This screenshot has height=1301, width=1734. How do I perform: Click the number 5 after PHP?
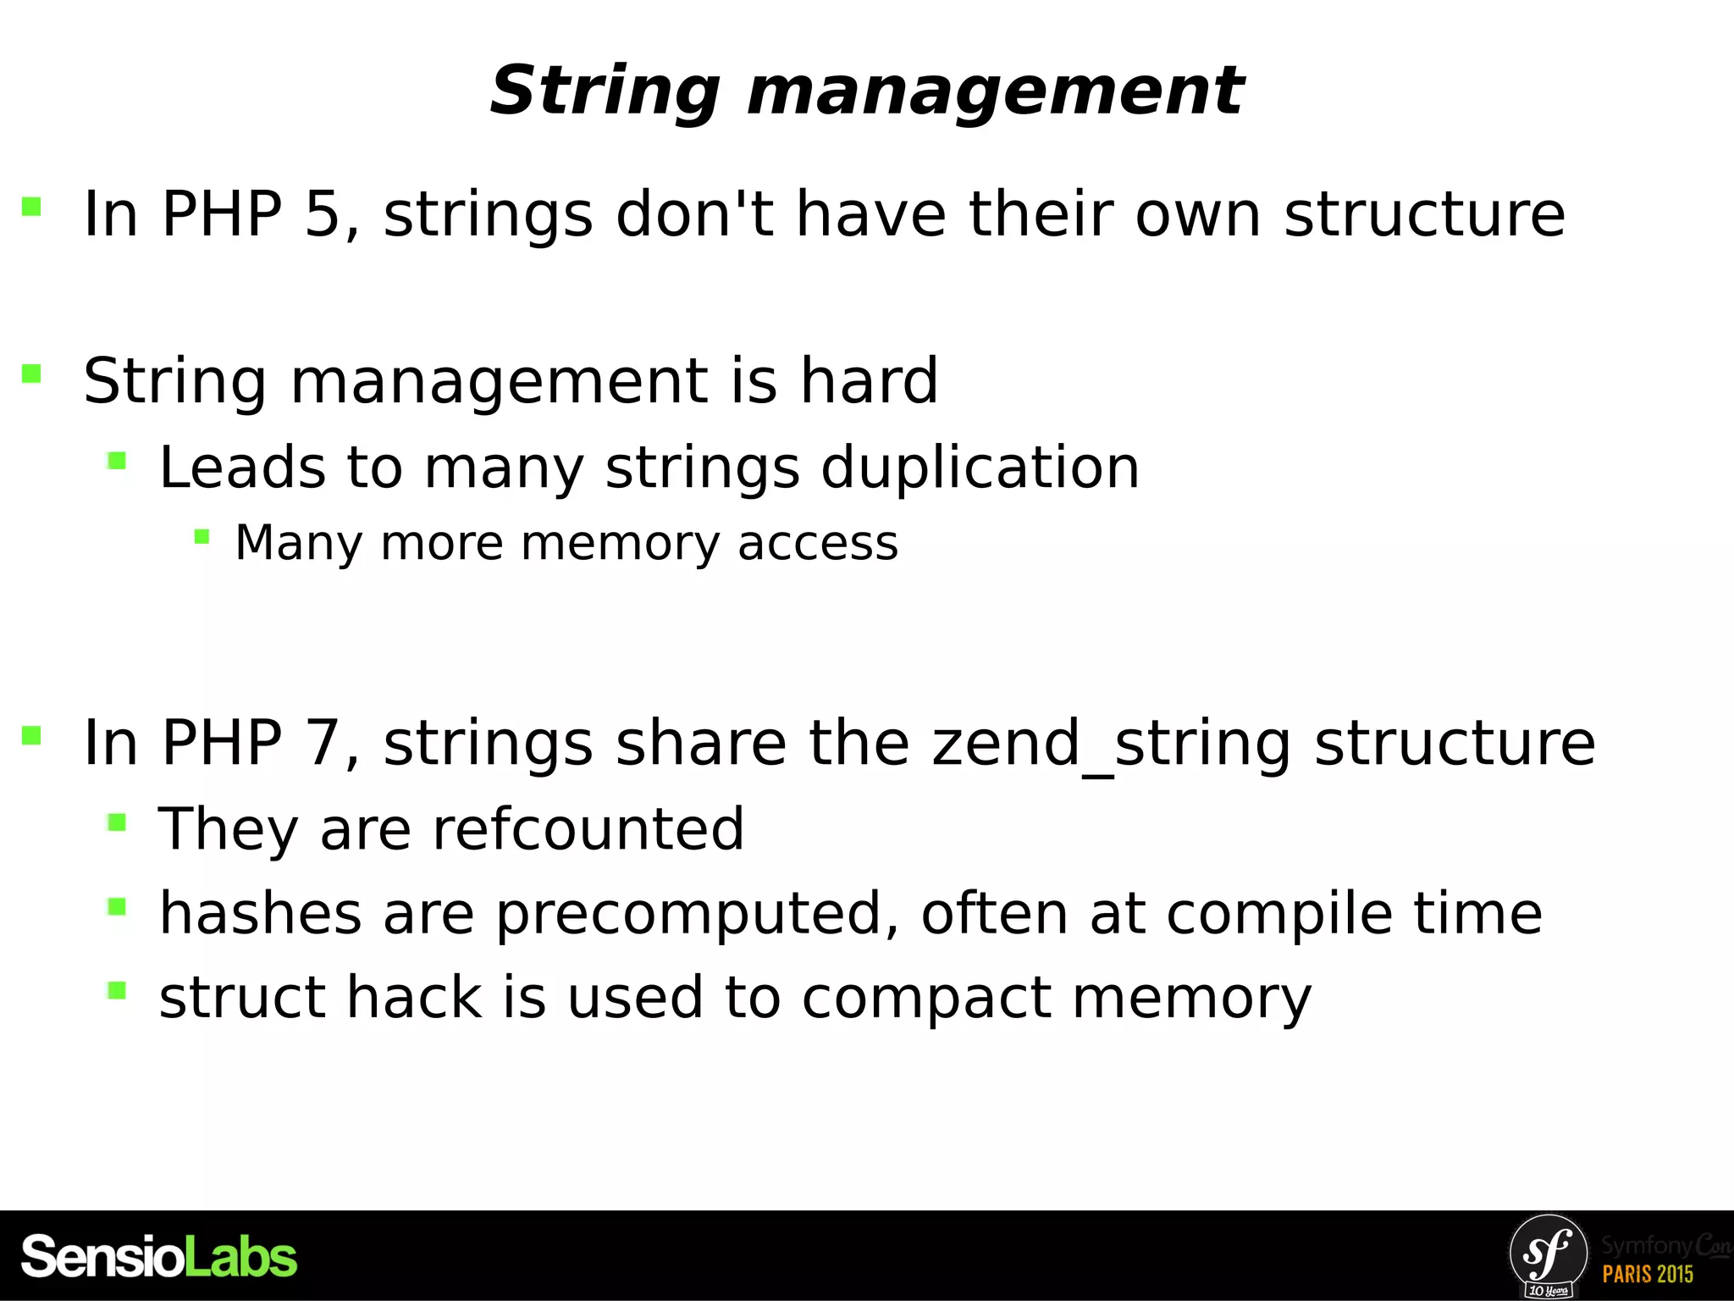pos(322,213)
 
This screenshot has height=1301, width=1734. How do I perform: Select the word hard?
pos(869,380)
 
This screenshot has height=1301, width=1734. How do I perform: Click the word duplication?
pos(980,468)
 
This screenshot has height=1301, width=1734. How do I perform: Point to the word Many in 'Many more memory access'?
pos(298,543)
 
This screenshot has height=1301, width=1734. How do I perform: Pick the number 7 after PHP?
pos(322,743)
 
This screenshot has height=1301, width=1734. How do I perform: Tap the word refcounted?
pos(588,828)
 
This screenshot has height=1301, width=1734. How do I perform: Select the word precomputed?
pos(688,913)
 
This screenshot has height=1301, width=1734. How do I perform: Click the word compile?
pos(1278,913)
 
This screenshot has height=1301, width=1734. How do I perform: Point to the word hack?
pos(414,997)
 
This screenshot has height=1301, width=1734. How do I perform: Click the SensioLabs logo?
pos(159,1257)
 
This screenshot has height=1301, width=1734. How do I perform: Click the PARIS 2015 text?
pos(1648,1274)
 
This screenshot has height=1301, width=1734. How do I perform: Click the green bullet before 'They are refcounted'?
pos(117,822)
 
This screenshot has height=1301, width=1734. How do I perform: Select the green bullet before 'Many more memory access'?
pos(202,536)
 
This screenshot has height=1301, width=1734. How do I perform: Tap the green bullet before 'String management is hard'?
pos(31,374)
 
